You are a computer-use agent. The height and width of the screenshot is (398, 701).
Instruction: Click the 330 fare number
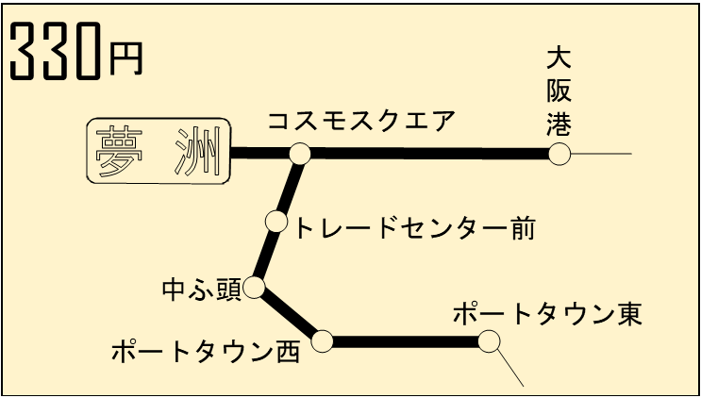point(55,54)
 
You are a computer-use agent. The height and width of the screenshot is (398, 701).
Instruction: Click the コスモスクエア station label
point(361,122)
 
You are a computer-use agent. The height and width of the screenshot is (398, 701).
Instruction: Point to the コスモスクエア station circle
point(300,153)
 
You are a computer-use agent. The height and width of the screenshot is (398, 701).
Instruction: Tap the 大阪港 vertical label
point(559,91)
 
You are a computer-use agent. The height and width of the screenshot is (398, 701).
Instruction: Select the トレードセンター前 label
point(416,227)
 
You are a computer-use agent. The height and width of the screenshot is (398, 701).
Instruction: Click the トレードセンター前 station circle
point(276,222)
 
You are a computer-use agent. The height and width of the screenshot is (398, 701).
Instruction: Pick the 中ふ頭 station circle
point(254,288)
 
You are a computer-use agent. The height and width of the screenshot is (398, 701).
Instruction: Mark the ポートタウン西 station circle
point(323,340)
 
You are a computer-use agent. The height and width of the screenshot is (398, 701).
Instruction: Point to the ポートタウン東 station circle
point(489,340)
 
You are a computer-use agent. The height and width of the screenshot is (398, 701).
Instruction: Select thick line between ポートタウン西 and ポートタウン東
point(406,341)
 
